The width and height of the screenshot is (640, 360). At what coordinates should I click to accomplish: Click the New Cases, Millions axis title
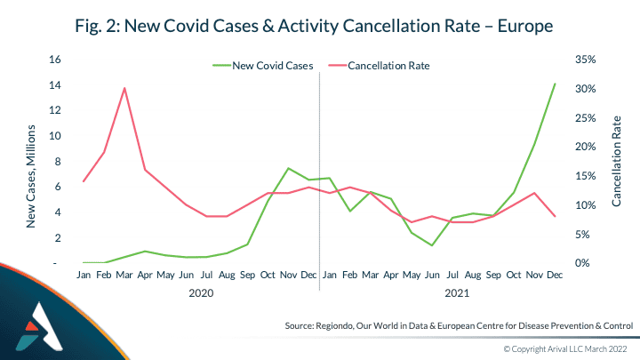[30, 175]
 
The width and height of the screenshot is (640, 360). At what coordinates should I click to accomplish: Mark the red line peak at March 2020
[124, 88]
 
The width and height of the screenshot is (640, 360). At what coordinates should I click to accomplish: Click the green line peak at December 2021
[556, 84]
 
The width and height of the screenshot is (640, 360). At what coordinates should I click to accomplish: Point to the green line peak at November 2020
[288, 168]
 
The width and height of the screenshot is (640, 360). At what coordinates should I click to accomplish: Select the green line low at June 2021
[432, 245]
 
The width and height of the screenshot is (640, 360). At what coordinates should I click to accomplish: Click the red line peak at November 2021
[534, 193]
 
